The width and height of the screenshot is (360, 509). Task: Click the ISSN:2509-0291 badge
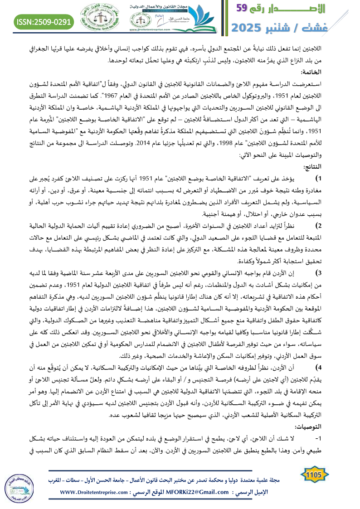(44, 21)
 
